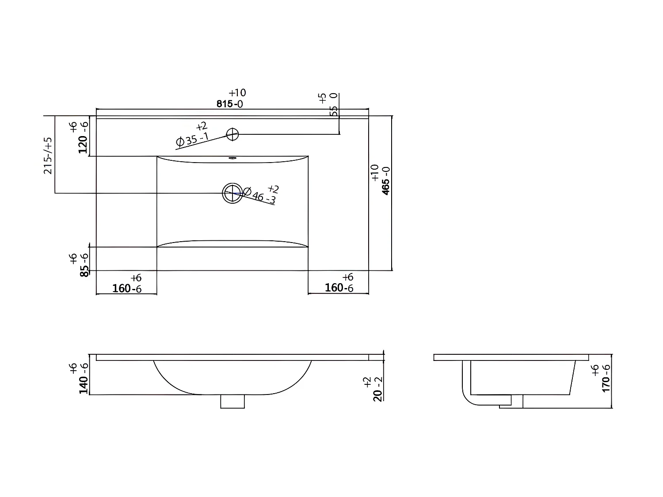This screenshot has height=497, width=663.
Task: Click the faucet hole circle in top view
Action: [232, 134]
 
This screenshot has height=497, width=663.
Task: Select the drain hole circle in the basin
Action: [232, 193]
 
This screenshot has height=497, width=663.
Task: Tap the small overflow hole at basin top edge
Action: [232, 158]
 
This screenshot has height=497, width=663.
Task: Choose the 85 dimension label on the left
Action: [84, 266]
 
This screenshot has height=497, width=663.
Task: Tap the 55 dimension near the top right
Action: [334, 111]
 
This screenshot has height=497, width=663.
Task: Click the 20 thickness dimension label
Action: [377, 390]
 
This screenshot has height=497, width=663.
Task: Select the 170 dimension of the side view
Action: [606, 379]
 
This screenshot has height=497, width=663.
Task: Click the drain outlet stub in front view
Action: [232, 401]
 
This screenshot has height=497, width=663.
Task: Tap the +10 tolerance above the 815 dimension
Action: [237, 93]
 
